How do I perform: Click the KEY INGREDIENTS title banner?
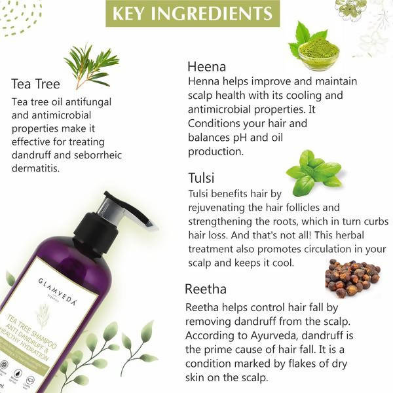click(192, 14)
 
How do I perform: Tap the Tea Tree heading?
click(35, 84)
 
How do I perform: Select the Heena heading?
click(206, 66)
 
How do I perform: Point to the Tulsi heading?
click(201, 178)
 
